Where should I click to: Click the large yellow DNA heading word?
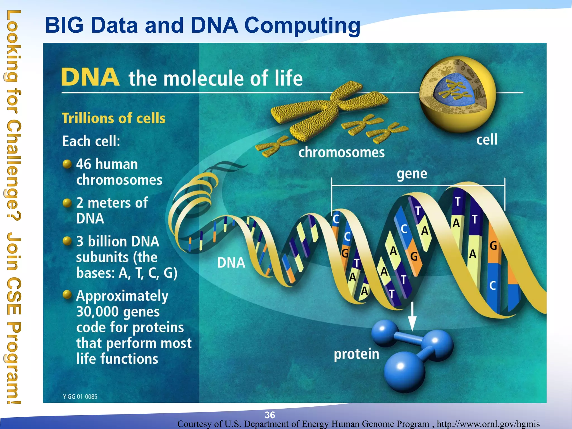click(90, 77)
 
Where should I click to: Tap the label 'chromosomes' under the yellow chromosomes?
click(341, 152)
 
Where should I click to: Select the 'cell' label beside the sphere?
click(487, 139)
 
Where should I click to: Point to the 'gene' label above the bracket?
click(412, 174)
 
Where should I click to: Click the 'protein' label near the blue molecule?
click(356, 354)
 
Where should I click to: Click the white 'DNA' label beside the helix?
click(231, 263)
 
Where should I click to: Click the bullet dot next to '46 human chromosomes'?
click(67, 164)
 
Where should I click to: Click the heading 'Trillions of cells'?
click(114, 118)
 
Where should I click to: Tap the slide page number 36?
click(270, 415)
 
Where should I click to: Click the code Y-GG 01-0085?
click(80, 397)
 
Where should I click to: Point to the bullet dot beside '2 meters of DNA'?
click(67, 202)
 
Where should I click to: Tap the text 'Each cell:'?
click(91, 141)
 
